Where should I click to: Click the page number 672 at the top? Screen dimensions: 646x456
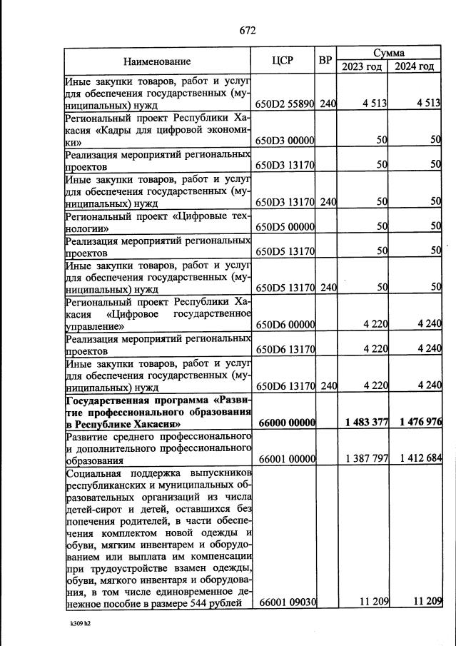click(247, 30)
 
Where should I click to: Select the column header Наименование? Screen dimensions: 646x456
click(157, 61)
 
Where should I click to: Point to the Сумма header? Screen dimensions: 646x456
click(389, 53)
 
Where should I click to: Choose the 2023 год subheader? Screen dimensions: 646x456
click(362, 66)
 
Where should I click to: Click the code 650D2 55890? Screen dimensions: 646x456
click(285, 104)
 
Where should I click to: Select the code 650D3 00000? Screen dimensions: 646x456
click(285, 141)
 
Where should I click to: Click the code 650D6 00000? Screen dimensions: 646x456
click(285, 325)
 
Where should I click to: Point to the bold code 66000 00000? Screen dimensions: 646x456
click(285, 423)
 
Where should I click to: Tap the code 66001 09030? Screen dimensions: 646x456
click(285, 602)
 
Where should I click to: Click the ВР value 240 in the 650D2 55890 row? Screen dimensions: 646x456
click(328, 104)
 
